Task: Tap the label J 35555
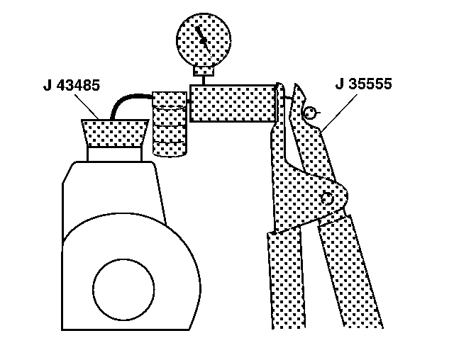364,85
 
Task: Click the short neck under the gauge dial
203,69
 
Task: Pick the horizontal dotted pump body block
232,103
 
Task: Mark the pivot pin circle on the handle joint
327,199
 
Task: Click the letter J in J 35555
339,85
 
